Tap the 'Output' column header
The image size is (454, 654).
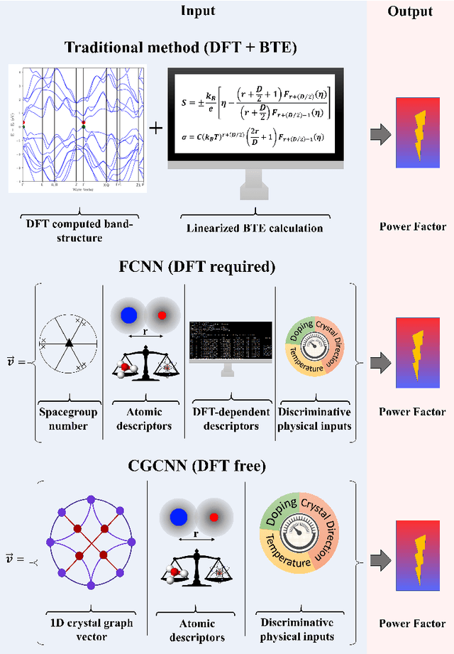tap(411, 11)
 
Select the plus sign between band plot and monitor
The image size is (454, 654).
tap(155, 128)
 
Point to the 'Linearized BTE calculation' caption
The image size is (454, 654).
tap(255, 228)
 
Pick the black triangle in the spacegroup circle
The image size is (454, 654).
tap(69, 344)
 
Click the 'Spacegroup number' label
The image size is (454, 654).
tap(68, 419)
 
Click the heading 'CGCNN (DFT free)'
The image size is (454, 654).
tap(198, 466)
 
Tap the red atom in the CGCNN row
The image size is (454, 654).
tap(212, 516)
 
